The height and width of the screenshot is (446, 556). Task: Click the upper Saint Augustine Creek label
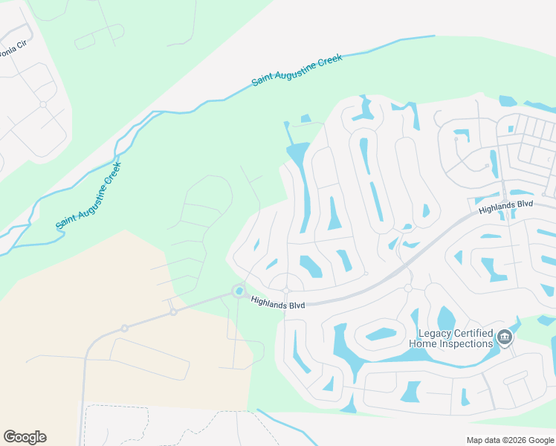pyautogui.click(x=297, y=70)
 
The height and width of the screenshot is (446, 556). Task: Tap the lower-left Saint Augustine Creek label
pyautogui.click(x=88, y=195)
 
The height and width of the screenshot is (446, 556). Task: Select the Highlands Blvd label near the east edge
pyautogui.click(x=506, y=208)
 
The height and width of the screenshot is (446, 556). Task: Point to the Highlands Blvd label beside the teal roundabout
pyautogui.click(x=278, y=303)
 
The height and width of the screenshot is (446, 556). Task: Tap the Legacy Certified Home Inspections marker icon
pyautogui.click(x=505, y=338)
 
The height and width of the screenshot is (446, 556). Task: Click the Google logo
pyautogui.click(x=25, y=437)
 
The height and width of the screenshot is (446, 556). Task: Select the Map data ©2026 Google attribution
pyautogui.click(x=510, y=440)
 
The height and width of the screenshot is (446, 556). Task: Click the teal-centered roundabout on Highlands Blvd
pyautogui.click(x=239, y=291)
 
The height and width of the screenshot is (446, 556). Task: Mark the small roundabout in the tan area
pyautogui.click(x=125, y=328)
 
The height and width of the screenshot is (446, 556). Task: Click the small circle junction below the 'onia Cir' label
pyautogui.click(x=43, y=104)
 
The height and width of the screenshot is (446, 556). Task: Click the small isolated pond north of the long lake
pyautogui.click(x=306, y=118)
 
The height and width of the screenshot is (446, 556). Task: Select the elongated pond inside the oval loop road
pyautogui.click(x=381, y=334)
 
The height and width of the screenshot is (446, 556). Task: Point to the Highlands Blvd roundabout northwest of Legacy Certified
pyautogui.click(x=407, y=288)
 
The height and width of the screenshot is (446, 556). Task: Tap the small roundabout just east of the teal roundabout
pyautogui.click(x=285, y=290)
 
